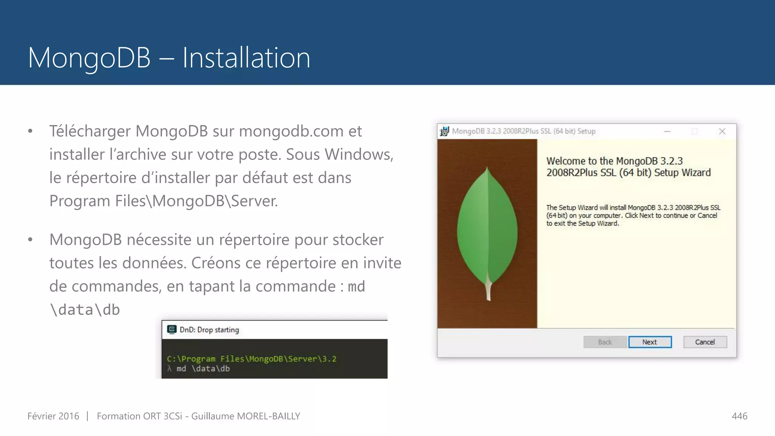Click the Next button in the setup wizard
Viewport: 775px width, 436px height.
(650, 342)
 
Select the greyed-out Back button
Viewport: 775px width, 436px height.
(605, 342)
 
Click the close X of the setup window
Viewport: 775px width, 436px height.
(722, 131)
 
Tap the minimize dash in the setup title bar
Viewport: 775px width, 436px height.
(667, 131)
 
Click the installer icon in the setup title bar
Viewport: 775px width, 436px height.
(444, 131)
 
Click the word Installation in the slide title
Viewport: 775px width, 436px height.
(246, 58)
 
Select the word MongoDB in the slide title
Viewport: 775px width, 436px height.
(89, 58)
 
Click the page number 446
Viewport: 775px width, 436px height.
(739, 416)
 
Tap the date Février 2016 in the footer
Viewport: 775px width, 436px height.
(53, 416)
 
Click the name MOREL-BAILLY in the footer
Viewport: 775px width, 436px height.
(268, 416)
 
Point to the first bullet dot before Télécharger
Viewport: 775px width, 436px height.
(30, 131)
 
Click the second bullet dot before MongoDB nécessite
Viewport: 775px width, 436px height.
(30, 240)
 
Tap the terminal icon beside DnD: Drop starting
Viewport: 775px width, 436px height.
(172, 330)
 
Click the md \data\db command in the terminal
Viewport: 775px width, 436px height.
(203, 369)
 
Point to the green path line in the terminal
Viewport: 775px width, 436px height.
(252, 359)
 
